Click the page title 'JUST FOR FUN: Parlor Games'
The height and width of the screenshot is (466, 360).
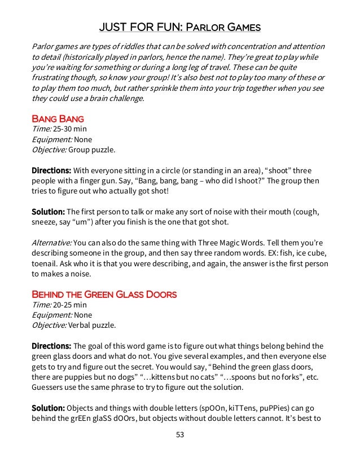(x=179, y=28)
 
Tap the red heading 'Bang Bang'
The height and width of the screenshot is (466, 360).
(x=58, y=118)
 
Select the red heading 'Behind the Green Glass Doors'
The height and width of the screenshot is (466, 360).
(x=104, y=294)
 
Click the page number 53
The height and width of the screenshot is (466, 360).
(x=179, y=434)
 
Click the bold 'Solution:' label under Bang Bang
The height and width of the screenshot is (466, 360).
(x=48, y=212)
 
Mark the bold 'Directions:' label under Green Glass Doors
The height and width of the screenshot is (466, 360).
(x=51, y=346)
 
